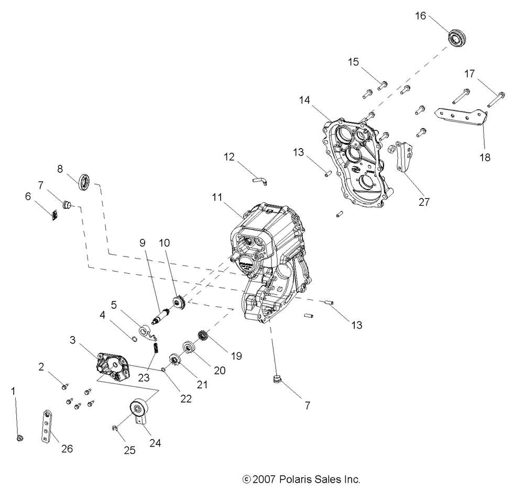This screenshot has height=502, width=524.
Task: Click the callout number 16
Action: click(x=421, y=16)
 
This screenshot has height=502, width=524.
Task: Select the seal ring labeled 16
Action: click(x=457, y=38)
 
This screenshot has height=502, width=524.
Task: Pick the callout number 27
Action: click(x=424, y=202)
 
